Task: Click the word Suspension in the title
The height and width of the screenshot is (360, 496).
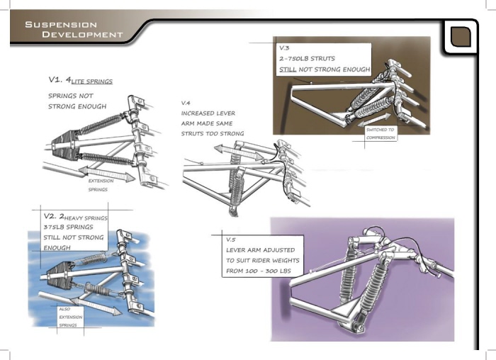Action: click(x=52, y=24)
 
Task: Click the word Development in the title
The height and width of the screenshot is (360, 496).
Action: click(x=82, y=35)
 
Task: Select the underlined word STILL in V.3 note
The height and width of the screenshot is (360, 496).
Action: click(x=291, y=69)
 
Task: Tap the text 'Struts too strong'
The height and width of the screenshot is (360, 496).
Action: click(x=212, y=133)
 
